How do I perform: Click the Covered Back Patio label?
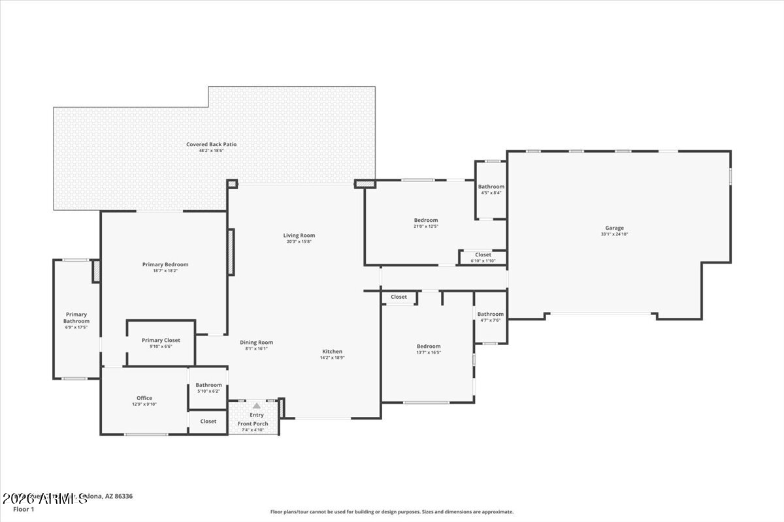tap(211, 144)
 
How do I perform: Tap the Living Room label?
tap(299, 236)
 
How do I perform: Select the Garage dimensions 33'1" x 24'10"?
tap(614, 234)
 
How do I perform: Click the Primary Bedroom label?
tap(165, 264)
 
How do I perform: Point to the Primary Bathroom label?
tap(76, 318)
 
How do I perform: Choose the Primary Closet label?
tap(161, 340)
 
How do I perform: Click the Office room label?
tap(144, 398)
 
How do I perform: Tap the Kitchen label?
tap(332, 352)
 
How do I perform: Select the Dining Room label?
tap(256, 343)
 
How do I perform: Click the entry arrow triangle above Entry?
tap(257, 406)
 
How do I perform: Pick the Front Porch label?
tap(253, 424)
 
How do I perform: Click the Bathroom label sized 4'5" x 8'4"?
tap(491, 187)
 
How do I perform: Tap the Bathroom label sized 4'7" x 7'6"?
tap(490, 314)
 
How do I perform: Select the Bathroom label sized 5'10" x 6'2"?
tap(209, 385)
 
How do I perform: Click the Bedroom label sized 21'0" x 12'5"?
tap(426, 221)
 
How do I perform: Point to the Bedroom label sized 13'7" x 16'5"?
tap(429, 346)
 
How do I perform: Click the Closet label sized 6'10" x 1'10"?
tap(483, 254)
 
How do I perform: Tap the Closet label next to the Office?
tap(208, 422)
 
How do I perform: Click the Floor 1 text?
tap(24, 509)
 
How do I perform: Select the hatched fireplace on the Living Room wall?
tap(231, 252)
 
